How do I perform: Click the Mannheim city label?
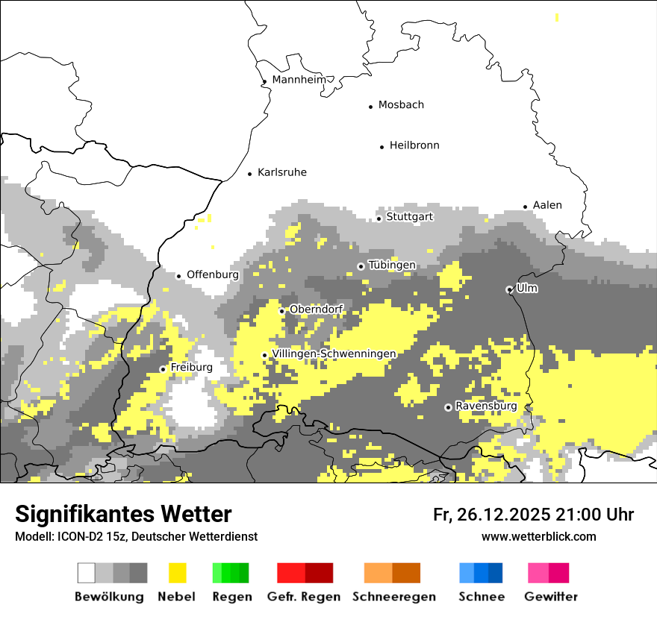click(x=299, y=80)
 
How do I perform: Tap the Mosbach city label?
click(x=401, y=105)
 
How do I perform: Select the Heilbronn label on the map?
click(x=414, y=145)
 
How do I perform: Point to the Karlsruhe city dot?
click(x=250, y=174)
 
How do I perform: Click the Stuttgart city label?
click(x=409, y=217)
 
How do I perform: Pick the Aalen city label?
click(x=547, y=205)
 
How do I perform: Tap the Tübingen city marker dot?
click(x=361, y=266)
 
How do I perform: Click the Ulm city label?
click(x=527, y=288)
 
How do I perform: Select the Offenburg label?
click(x=213, y=274)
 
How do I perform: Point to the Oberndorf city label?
click(x=316, y=309)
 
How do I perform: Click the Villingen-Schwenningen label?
click(x=334, y=354)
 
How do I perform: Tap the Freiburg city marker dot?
click(x=163, y=369)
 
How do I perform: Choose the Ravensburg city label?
click(x=486, y=406)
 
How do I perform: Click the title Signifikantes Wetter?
click(x=123, y=515)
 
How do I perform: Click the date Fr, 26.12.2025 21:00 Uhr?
click(x=533, y=515)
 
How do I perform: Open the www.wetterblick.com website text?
click(x=538, y=536)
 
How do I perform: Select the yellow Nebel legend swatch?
click(x=177, y=573)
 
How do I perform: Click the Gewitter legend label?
click(x=551, y=597)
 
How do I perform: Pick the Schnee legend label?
click(x=481, y=597)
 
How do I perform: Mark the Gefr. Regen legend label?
click(x=304, y=597)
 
